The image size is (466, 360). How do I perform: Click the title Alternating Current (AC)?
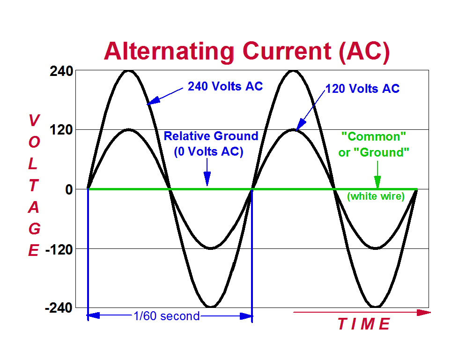tap(247, 51)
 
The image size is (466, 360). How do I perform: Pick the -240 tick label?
tap(59, 308)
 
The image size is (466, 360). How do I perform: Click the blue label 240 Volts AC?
tap(225, 86)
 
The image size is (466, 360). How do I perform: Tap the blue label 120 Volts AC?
tap(362, 89)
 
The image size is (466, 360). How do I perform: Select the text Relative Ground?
tap(211, 136)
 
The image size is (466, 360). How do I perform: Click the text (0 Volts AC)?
tap(208, 152)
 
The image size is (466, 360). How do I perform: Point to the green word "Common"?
tap(374, 136)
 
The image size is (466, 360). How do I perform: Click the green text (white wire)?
tap(376, 197)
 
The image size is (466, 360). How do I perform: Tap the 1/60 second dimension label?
tap(167, 316)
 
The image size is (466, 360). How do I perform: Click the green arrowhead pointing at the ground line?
tap(377, 182)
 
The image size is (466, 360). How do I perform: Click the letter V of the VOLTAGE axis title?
tap(33, 121)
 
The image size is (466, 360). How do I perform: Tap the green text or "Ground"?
tap(374, 153)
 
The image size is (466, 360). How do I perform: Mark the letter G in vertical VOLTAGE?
tap(33, 229)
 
